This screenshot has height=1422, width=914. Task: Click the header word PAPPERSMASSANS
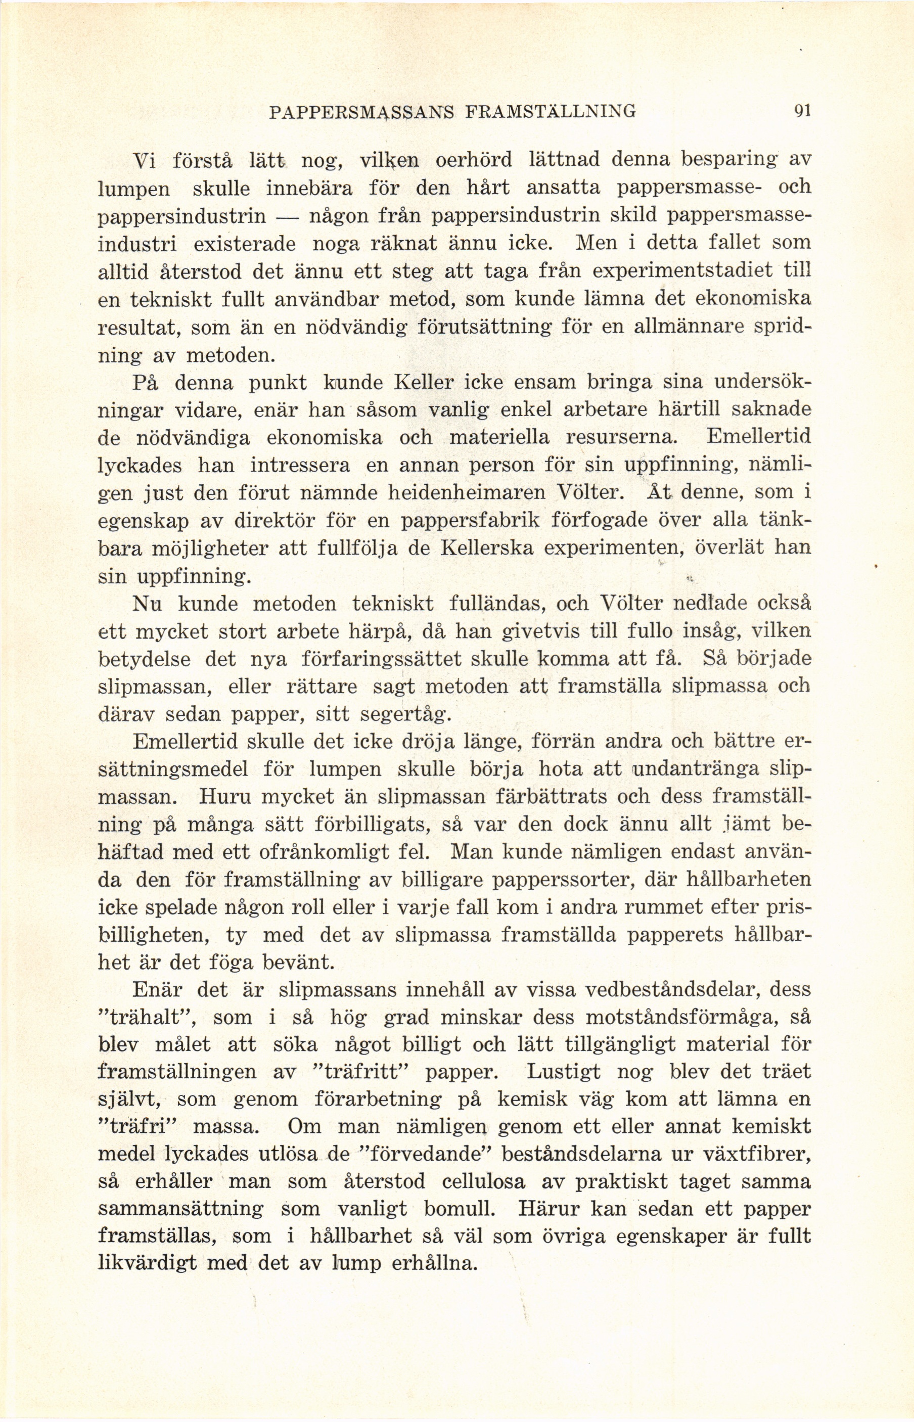(x=361, y=111)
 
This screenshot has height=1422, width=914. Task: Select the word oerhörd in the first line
(x=474, y=161)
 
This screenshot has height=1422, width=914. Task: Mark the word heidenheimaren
(x=467, y=492)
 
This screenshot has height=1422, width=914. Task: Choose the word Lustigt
(x=564, y=1072)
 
